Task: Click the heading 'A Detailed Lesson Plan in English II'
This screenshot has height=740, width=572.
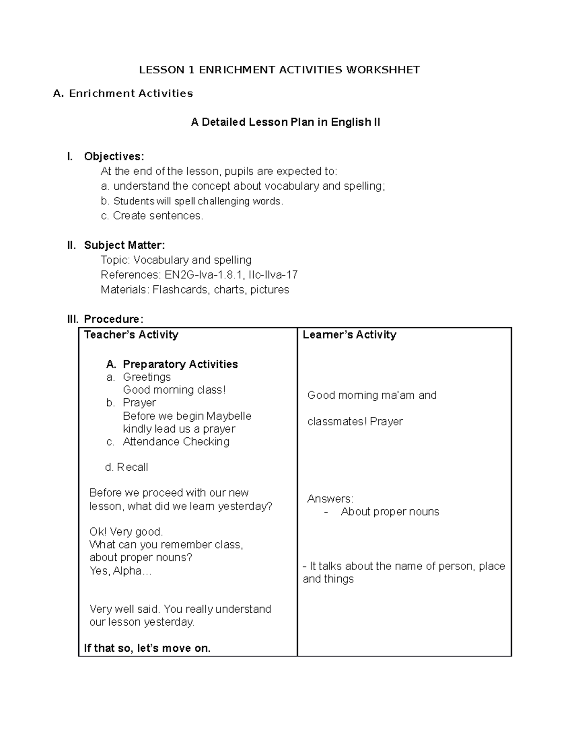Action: tap(285, 122)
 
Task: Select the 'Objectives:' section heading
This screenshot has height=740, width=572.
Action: tap(113, 156)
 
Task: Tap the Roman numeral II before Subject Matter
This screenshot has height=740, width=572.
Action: tap(71, 245)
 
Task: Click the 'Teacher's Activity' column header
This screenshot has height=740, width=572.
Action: tap(131, 335)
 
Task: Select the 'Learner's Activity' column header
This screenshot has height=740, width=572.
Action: tap(349, 335)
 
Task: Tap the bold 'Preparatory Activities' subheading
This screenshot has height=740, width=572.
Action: tap(180, 365)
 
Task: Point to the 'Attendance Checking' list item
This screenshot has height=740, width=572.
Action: tap(176, 442)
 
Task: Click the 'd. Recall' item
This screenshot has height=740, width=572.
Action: tap(126, 467)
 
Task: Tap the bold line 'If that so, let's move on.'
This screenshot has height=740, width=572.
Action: tap(147, 648)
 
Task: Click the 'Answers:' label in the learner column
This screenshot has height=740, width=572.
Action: tap(330, 499)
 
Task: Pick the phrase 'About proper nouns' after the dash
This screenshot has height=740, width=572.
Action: tap(389, 512)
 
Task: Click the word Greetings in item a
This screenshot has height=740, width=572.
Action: tap(147, 377)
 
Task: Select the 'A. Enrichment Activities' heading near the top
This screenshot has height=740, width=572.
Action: tap(123, 93)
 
